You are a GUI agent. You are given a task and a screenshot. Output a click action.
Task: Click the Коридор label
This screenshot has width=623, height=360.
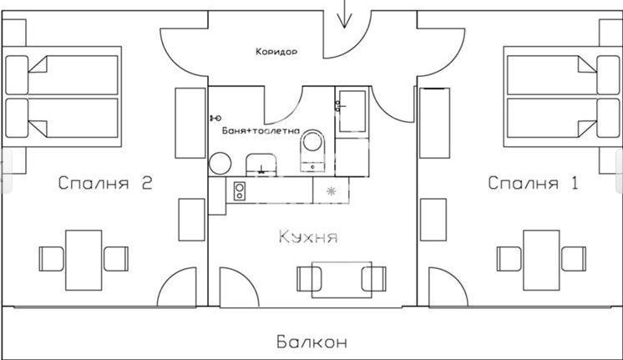point(276,52)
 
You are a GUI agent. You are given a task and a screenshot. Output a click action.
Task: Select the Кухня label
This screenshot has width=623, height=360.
point(308,238)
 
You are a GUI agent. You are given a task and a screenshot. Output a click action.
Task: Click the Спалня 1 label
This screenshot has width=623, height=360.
point(533,183)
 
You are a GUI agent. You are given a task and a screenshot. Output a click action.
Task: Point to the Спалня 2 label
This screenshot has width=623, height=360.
point(105,184)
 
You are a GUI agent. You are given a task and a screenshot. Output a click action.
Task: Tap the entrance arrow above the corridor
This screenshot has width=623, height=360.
point(343,14)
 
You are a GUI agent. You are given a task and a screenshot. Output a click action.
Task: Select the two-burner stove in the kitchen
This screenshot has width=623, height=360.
point(239,191)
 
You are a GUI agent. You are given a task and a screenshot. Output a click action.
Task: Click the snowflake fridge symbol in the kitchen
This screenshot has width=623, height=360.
point(331,191)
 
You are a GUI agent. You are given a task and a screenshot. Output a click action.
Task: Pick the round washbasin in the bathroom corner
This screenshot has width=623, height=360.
point(220,162)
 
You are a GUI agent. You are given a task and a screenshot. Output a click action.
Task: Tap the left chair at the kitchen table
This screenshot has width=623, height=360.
point(306,277)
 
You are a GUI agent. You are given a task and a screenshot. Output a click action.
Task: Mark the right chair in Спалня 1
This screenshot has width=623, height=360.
point(573,258)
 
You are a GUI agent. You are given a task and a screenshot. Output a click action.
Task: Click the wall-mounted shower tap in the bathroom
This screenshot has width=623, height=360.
point(215,118)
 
